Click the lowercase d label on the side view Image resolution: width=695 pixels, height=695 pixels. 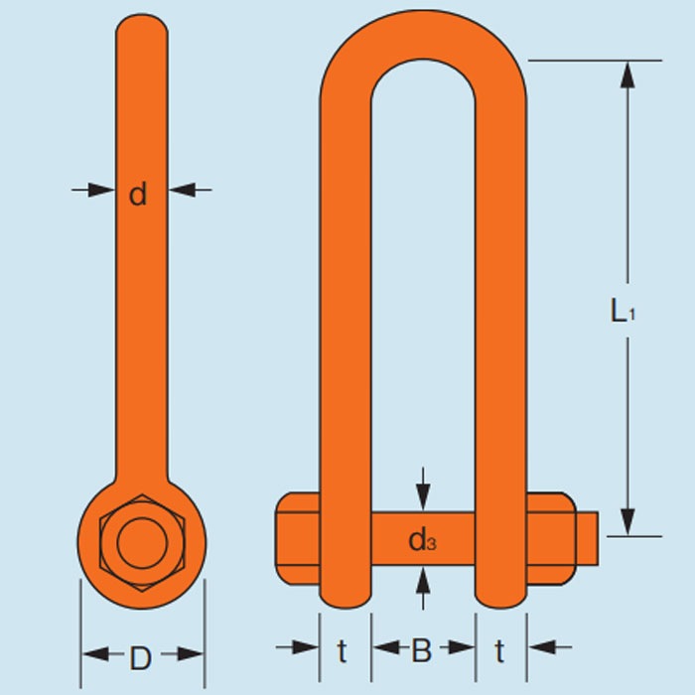pos(138,194)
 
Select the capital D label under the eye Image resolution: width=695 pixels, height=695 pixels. pos(141,657)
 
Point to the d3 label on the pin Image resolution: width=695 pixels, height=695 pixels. pos(422,540)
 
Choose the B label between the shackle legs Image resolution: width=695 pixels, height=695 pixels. pos(422,651)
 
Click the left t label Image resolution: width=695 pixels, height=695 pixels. pos(343,651)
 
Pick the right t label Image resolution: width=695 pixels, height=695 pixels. pos(499,651)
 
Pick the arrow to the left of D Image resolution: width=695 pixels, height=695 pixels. pos(94,653)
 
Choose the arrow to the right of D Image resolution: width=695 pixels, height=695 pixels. pos(192,653)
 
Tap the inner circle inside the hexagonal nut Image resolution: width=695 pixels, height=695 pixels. pos(140,542)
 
